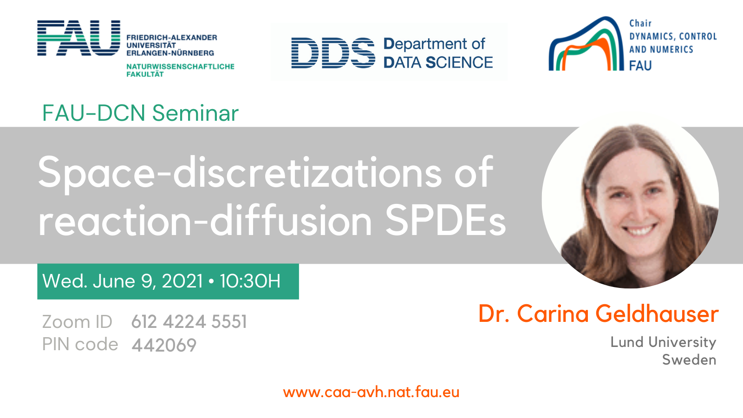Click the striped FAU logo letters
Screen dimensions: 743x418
(x=78, y=38)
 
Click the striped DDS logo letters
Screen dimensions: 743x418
(x=333, y=53)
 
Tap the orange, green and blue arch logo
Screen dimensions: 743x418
(x=586, y=44)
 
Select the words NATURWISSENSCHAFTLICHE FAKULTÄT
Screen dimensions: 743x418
(x=181, y=70)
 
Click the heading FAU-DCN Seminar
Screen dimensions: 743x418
(x=140, y=113)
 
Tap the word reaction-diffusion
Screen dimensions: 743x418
(x=205, y=220)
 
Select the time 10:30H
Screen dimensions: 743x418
(x=250, y=281)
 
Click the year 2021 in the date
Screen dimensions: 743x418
(x=182, y=281)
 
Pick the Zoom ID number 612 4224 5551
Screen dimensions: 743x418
(x=189, y=321)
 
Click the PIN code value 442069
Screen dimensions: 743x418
(x=164, y=345)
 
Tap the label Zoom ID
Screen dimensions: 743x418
(x=77, y=321)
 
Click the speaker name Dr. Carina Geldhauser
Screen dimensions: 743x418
(x=599, y=313)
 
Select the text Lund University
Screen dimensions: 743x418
(x=664, y=342)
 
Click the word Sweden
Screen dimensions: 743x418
(x=689, y=359)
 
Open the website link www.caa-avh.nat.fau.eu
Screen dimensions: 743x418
(x=371, y=392)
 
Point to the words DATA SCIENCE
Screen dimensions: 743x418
(x=438, y=62)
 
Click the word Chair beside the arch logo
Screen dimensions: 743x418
(x=640, y=23)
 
